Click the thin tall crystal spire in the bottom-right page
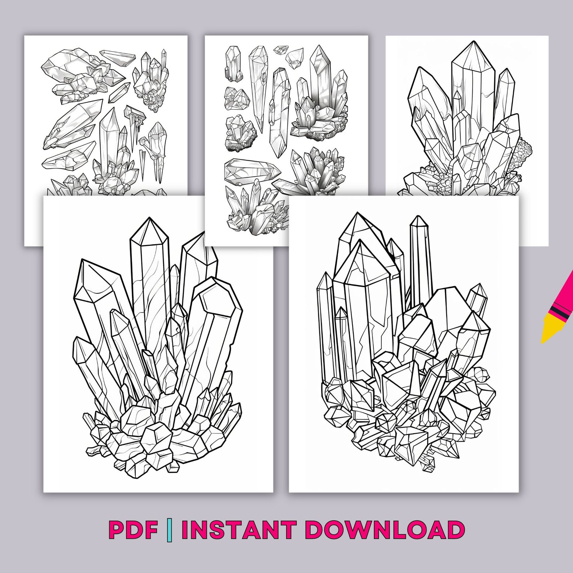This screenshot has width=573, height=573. coord(419,260)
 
